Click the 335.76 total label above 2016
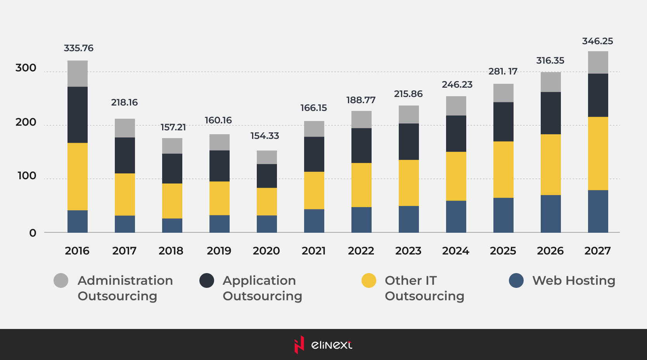coord(78,48)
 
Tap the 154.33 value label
coord(265,136)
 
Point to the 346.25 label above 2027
coord(597,41)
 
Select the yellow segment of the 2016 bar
coord(78,177)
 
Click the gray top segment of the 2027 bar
coord(598,62)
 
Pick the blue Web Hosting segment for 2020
coord(267,224)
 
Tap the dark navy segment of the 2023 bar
coord(409,142)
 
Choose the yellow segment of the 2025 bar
coord(503,170)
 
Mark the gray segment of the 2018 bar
coord(172,146)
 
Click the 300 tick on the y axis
coord(26,68)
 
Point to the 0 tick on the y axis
coord(33,233)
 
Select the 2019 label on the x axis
coord(219,251)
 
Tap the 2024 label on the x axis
coord(456,251)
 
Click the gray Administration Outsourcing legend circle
coord(61,280)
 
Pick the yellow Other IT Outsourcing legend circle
coord(368,280)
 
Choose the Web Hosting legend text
coord(574,280)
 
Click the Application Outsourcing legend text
coord(262,288)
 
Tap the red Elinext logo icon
coord(299,344)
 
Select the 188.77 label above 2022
coord(361,100)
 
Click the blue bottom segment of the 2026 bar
coord(551,214)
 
